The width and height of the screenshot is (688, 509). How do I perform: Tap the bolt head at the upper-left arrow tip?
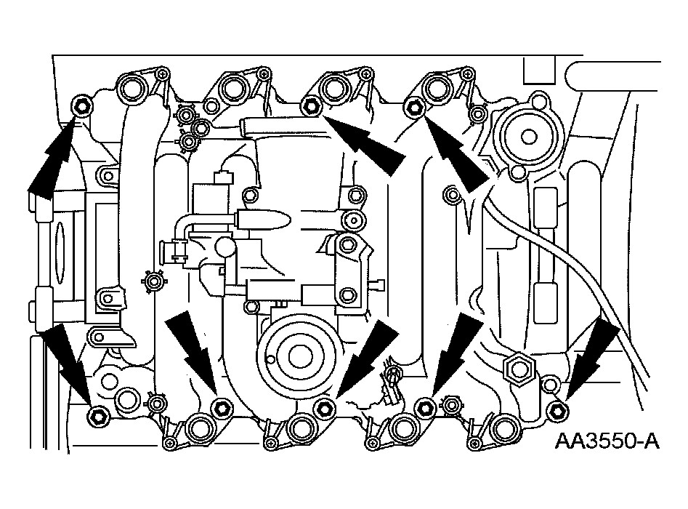tap(81, 108)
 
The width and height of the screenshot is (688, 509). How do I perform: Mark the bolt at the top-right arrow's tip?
tap(415, 108)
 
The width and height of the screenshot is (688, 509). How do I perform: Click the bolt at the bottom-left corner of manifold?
tap(97, 416)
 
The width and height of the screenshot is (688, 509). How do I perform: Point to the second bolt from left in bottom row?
tap(221, 406)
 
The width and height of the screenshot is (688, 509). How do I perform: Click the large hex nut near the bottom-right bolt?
tap(521, 369)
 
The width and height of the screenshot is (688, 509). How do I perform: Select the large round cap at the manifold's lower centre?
tap(296, 354)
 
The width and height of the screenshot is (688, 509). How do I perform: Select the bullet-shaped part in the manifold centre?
tap(264, 218)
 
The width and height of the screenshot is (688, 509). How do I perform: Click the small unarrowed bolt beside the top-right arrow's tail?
tap(452, 193)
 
